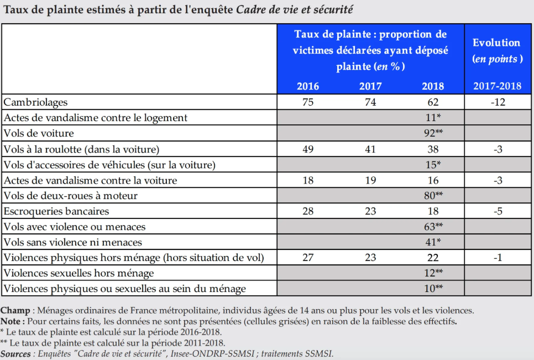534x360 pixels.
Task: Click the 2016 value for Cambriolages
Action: [308, 102]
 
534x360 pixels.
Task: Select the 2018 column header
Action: [433, 86]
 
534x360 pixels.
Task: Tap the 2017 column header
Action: [370, 86]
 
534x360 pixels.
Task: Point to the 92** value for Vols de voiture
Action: [433, 133]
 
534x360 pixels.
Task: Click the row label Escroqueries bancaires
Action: [56, 211]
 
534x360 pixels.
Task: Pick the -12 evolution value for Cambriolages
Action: [498, 102]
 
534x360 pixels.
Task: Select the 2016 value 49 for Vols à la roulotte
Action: [308, 149]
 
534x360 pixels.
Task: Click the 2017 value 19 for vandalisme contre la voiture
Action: [370, 180]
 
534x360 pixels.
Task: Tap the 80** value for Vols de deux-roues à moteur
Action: [433, 196]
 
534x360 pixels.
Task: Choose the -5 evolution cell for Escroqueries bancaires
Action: [498, 211]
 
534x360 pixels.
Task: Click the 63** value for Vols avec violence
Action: [433, 227]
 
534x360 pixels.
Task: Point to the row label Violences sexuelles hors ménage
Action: [78, 273]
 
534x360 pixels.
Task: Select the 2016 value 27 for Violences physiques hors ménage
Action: [308, 258]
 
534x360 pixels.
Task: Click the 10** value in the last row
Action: [433, 289]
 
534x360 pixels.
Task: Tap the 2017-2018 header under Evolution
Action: [497, 86]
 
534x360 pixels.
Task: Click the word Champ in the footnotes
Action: [15, 311]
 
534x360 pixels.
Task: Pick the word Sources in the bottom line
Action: [15, 354]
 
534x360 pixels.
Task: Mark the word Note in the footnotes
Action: [10, 321]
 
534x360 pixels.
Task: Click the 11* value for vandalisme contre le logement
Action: [433, 117]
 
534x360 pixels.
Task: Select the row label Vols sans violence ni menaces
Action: [72, 242]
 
